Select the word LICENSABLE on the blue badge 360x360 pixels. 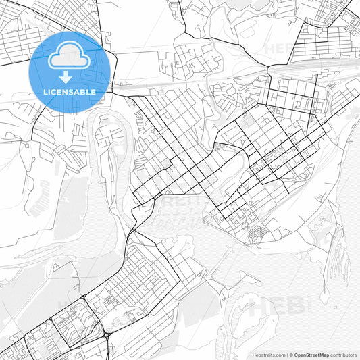tap(69, 91)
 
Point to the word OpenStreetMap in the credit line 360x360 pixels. tap(311, 355)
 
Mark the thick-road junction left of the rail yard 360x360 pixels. tap(269, 68)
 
